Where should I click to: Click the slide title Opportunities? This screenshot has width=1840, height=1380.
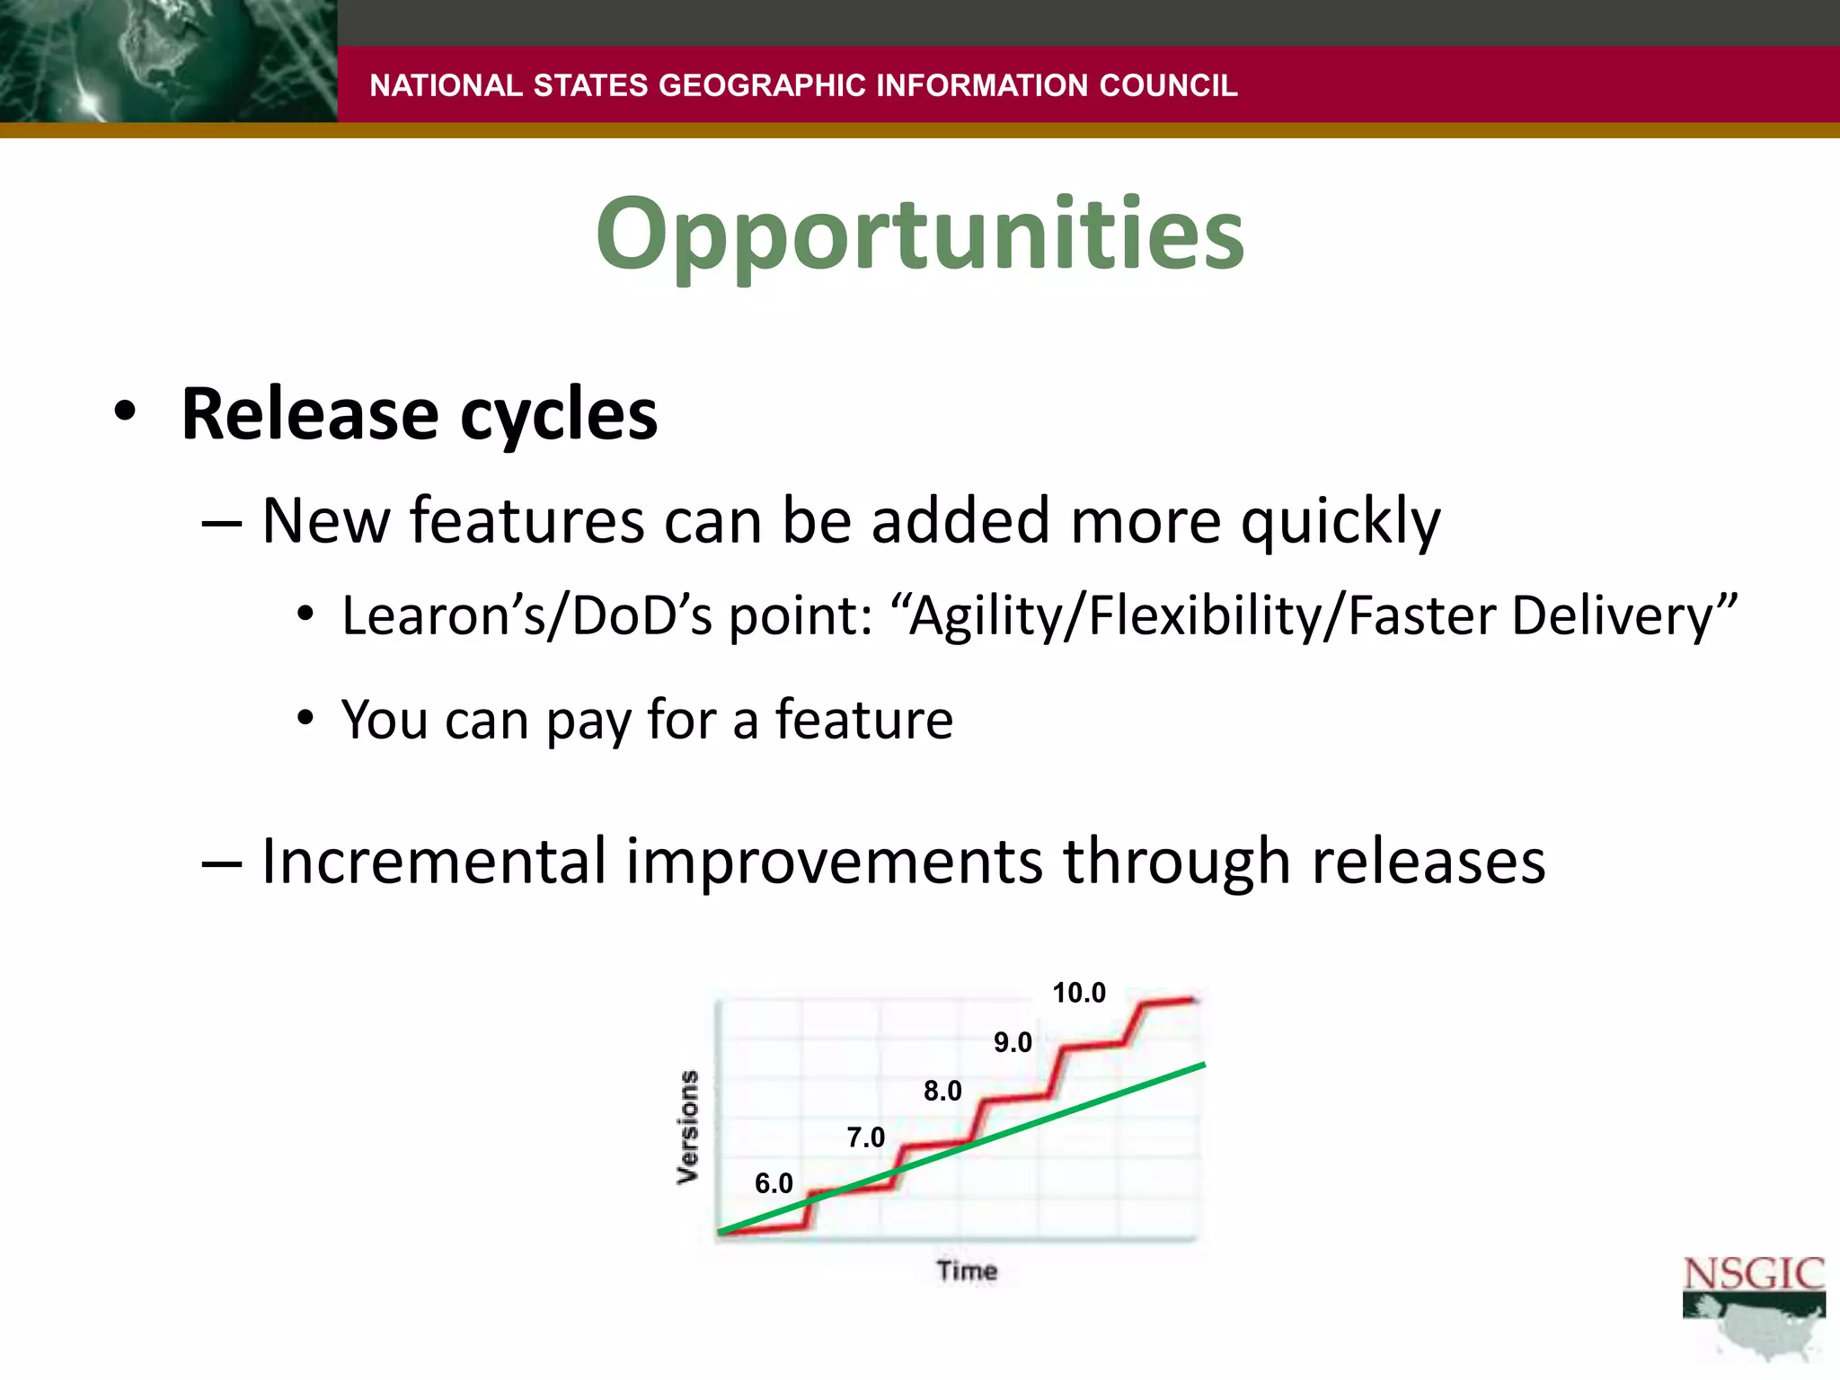[920, 235]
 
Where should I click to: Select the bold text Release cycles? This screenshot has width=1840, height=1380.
[419, 415]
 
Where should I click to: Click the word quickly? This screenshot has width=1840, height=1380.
[1340, 522]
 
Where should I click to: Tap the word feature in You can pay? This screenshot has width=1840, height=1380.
[863, 720]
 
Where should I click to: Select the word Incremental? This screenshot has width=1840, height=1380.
[434, 861]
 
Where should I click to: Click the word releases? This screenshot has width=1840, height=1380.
[1429, 861]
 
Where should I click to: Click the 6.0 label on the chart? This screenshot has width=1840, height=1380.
[774, 1183]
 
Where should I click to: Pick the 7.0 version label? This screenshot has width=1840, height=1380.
[866, 1137]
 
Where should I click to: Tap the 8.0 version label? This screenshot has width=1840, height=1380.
[942, 1091]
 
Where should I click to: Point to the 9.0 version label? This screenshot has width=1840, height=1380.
[1013, 1042]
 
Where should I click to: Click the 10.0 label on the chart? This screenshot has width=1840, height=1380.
[1079, 993]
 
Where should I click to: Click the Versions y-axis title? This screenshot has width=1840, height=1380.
[688, 1127]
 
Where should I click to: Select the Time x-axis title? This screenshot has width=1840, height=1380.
[967, 1270]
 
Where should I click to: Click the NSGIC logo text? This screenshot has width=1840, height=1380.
[1753, 1274]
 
